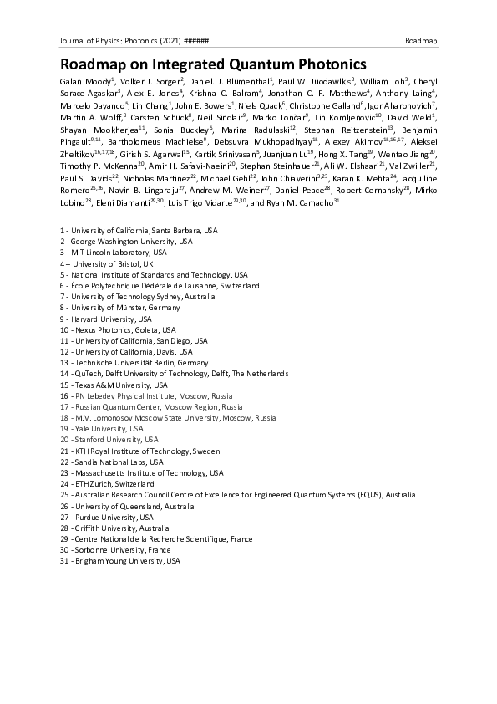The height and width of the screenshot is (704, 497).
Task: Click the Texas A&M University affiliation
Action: click(109, 385)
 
